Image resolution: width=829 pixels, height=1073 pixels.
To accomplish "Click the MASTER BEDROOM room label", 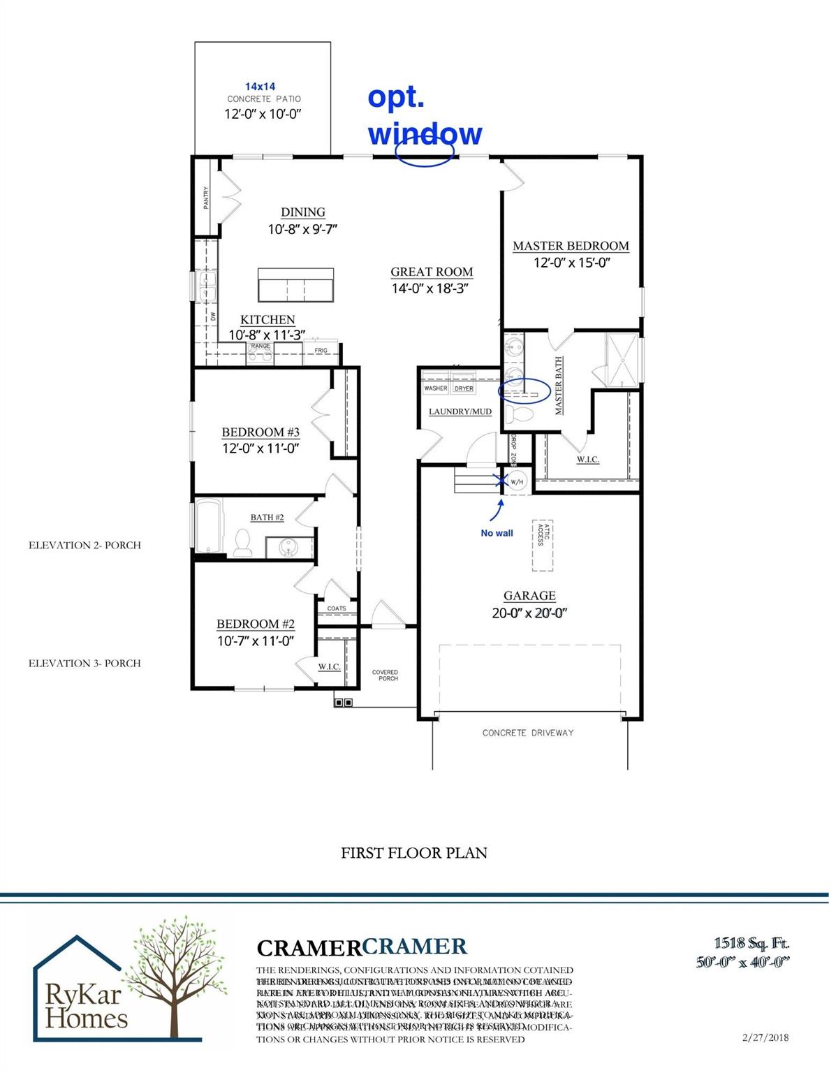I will [x=571, y=246].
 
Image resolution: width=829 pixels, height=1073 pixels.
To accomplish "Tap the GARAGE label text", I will [x=529, y=596].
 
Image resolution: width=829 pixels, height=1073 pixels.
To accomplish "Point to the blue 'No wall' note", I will [x=497, y=533].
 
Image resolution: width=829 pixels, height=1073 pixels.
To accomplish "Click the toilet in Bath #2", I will [x=243, y=543].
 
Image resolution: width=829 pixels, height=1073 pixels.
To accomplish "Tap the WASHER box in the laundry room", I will [x=436, y=388].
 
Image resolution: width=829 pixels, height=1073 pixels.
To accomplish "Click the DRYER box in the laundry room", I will [x=464, y=388].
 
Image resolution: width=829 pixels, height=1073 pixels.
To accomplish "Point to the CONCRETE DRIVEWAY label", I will [x=528, y=733].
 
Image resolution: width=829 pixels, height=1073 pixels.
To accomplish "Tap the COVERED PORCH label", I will [x=385, y=676].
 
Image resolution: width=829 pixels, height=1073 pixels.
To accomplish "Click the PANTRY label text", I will [x=206, y=197].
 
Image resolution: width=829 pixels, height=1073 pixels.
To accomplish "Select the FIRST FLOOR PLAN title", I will [x=414, y=853].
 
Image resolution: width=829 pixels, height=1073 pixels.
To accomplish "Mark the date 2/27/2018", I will [x=765, y=1037].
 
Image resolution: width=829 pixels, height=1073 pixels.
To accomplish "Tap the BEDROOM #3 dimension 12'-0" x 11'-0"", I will [x=261, y=448].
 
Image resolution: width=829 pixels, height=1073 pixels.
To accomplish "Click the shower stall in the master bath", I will [x=622, y=358].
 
